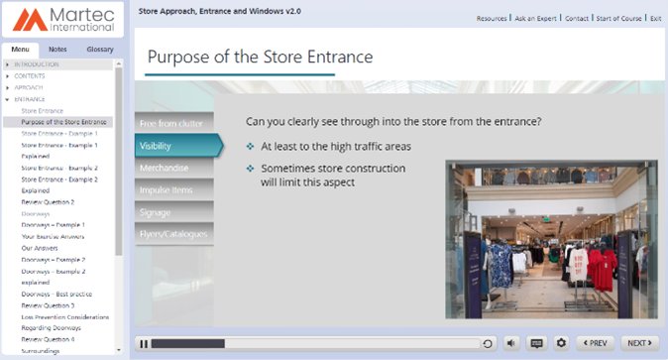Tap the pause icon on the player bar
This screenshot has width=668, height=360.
coord(144,343)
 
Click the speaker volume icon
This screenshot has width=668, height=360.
coord(511,343)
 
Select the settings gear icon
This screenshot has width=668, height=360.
coord(561,343)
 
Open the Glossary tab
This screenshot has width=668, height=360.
coord(100,49)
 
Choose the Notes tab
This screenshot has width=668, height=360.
coord(57,49)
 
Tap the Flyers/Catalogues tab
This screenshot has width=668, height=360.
coord(174,234)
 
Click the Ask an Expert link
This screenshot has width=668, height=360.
coord(535,18)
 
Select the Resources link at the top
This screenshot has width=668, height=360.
coord(492,18)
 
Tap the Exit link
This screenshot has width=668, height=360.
coord(654,18)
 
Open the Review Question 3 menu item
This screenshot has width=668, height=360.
coord(48,305)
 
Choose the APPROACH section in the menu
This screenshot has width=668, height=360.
coord(30,87)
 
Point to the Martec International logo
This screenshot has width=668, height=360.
coord(61,20)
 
